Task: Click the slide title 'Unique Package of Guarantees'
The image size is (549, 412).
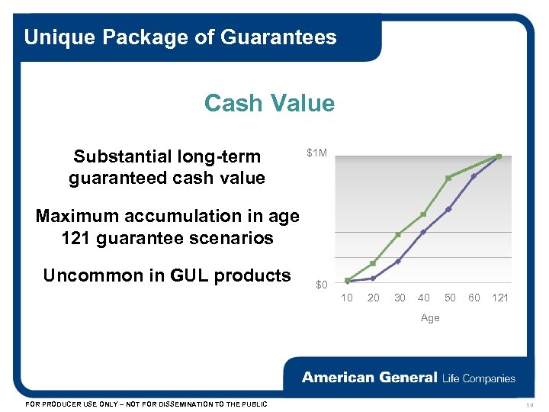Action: point(180,37)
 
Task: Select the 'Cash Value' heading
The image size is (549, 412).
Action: point(269,103)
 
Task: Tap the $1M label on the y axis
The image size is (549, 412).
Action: point(316,153)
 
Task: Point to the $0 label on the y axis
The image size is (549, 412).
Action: point(321,285)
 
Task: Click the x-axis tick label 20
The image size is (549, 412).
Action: point(373,298)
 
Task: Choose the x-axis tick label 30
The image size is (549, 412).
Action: point(399,298)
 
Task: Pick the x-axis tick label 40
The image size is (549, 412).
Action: point(423,298)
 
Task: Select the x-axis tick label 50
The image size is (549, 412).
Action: point(450,298)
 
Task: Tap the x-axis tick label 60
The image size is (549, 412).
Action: point(474,298)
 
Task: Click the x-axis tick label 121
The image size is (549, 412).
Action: point(499,298)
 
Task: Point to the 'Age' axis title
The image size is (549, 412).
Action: point(430,317)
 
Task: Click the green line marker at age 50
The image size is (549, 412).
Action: point(448,178)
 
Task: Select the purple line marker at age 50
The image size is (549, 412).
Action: point(448,209)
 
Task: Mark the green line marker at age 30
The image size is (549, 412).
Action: point(398,234)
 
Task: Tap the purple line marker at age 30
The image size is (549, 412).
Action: point(398,261)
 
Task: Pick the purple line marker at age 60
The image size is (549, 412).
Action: point(474,176)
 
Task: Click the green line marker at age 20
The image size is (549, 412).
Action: point(373,263)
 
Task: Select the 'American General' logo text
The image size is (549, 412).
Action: point(369,378)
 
